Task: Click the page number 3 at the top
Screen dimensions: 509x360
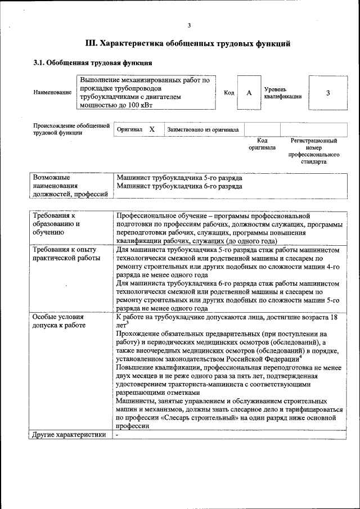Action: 190,25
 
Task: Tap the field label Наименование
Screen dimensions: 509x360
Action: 53,92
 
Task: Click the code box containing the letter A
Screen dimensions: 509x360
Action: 249,92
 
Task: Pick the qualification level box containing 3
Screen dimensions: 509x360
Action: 328,92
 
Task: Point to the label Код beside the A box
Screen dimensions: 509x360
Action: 229,92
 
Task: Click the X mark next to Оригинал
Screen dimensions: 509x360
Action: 152,129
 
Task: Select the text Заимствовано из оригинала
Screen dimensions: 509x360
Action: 203,129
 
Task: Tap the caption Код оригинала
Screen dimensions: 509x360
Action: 262,144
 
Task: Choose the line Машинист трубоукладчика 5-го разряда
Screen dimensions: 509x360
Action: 179,178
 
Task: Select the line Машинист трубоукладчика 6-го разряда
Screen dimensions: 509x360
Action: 179,186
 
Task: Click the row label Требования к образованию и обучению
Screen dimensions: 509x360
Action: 56,223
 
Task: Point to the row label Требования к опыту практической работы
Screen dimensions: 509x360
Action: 66,254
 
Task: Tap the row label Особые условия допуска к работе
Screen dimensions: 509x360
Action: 58,321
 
